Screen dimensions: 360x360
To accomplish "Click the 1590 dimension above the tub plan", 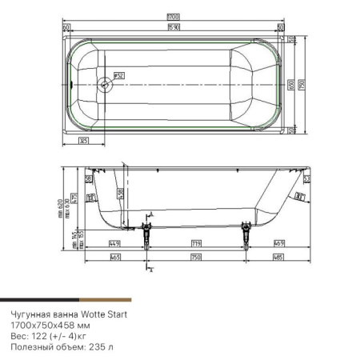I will (173, 28).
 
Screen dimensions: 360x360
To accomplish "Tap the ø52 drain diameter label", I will (118, 76).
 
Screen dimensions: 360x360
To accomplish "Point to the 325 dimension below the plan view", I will (82, 140).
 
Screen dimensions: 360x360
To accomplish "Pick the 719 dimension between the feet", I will (196, 242).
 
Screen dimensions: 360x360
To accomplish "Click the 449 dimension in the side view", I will (114, 242).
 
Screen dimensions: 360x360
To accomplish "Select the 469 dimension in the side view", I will (278, 242).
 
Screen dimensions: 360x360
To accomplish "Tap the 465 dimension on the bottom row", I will (114, 257).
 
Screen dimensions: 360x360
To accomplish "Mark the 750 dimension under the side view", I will (194, 257).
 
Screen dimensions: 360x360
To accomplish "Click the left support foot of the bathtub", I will (146, 234).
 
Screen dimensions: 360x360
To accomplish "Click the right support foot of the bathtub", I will (243, 234).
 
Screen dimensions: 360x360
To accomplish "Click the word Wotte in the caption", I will (90, 315).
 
